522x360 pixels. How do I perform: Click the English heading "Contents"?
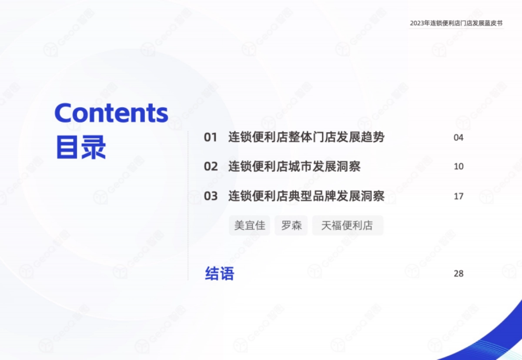point(111,113)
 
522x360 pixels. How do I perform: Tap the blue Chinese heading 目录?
point(81,148)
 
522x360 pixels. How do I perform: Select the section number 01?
point(211,138)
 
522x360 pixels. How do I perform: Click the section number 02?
point(211,167)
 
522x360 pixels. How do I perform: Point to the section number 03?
point(211,196)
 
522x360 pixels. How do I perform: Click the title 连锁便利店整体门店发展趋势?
point(306,137)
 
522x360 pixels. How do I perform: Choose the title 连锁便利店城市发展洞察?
point(294,167)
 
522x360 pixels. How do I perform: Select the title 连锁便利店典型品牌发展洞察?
point(306,196)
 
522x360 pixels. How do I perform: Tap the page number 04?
point(458,138)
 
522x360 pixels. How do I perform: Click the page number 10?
point(458,167)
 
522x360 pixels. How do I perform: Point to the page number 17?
point(458,196)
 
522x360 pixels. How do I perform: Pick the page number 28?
point(458,273)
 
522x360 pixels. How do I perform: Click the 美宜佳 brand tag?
point(249,226)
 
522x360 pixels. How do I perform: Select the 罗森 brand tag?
point(291,226)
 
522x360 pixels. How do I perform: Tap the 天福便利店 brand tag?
point(348,226)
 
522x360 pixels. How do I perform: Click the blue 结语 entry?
point(219,274)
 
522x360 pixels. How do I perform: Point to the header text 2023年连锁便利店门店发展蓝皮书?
point(456,23)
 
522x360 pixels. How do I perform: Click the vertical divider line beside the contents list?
point(188,204)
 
